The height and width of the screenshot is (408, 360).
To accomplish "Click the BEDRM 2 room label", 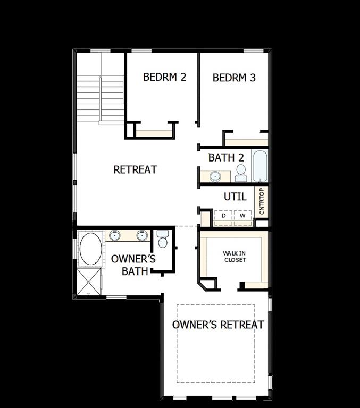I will coord(164,77).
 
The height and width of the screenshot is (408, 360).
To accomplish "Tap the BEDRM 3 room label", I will coord(234,78).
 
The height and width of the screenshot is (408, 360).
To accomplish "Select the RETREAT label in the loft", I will coord(135,169).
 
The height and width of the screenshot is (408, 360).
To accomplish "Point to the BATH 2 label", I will coord(226,157).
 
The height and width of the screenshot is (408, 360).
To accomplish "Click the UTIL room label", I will coord(235,197).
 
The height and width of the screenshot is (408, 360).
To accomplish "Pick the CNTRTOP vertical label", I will coord(261,201).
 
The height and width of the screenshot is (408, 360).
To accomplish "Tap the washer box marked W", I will coord(242,216).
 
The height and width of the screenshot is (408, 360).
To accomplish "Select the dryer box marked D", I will coord(223,216).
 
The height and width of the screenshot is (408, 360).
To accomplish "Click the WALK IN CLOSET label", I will coord(235,257).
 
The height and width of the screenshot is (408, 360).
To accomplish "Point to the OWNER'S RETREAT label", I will coord(218,325).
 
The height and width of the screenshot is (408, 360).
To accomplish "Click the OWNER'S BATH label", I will coord(133,265).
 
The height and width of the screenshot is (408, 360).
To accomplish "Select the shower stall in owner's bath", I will coord(88,281).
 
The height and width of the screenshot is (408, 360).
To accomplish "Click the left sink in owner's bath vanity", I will coord(115,235).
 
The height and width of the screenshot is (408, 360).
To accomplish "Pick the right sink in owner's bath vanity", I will coord(141,235).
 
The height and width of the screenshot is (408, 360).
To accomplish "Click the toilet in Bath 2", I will coord(240,172).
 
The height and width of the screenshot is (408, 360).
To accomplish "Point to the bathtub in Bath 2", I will coord(260,167).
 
